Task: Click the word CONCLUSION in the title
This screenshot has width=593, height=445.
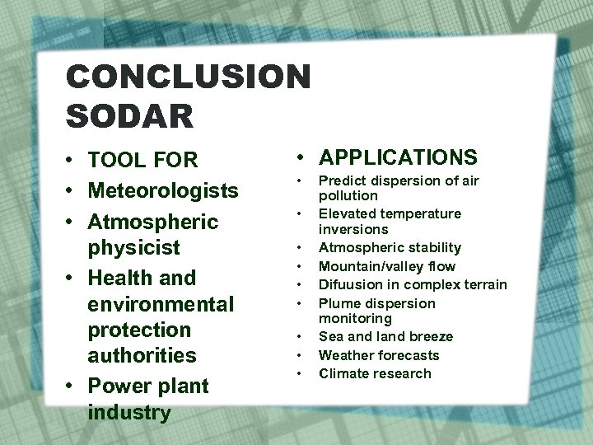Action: tap(189, 77)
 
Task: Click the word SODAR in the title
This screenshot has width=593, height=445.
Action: tap(130, 115)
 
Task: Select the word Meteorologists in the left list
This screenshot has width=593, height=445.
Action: tap(163, 191)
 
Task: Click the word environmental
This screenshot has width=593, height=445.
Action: tap(161, 304)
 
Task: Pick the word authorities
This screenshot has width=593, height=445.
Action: tap(142, 356)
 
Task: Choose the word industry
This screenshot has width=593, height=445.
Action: tap(129, 412)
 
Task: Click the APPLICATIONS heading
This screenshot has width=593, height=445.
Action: tap(398, 157)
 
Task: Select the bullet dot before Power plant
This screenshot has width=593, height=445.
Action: tap(73, 386)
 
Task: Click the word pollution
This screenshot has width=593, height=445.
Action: tap(348, 196)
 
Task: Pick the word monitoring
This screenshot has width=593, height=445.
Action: tap(355, 318)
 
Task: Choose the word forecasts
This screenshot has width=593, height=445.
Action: tap(409, 355)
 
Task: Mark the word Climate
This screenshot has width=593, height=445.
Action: tap(343, 373)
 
